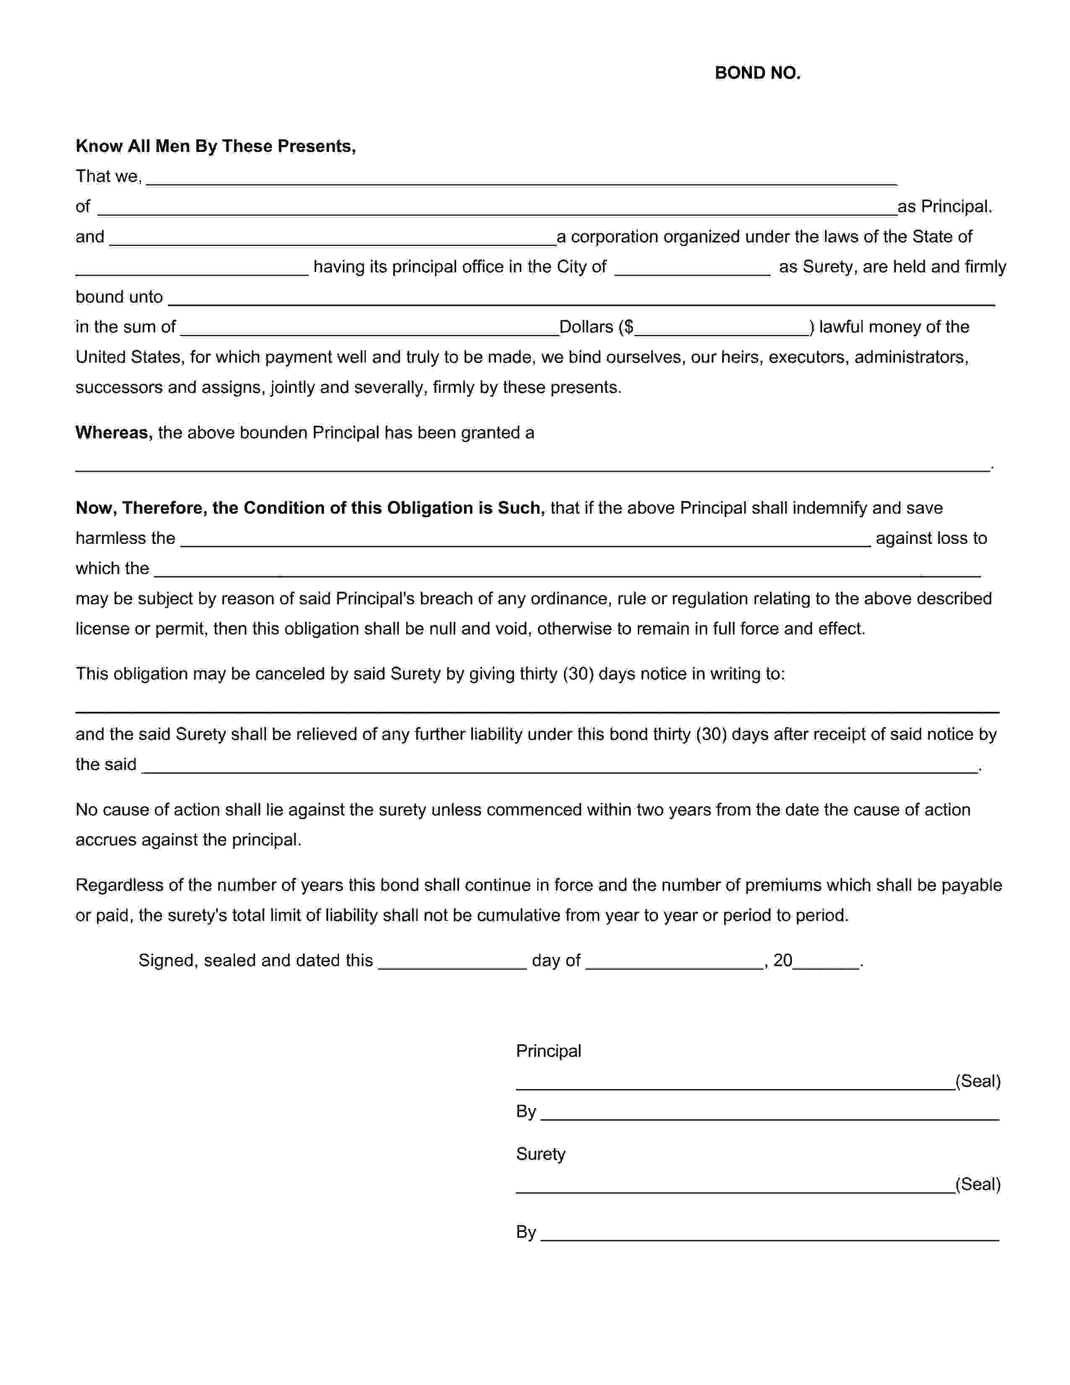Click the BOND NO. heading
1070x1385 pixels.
757,73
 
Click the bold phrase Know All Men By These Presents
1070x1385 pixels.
216,146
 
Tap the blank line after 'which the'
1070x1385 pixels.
567,571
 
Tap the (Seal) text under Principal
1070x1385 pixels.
977,1081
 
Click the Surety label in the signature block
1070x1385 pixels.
540,1154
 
